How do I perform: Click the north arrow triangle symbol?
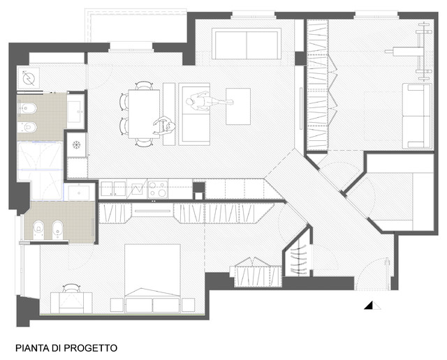372,306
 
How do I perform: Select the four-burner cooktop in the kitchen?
158,189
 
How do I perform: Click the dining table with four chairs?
144,114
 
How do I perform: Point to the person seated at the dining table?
165,126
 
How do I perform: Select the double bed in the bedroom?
152,278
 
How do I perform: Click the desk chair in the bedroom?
71,288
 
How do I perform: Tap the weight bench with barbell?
415,51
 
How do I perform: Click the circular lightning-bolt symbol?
29,78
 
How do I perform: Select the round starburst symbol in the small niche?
77,144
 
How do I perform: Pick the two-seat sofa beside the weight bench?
416,116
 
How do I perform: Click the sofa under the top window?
247,44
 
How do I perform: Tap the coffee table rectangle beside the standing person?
238,106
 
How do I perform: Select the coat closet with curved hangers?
298,257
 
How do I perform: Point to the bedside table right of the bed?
188,305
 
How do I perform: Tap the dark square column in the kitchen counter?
198,188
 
